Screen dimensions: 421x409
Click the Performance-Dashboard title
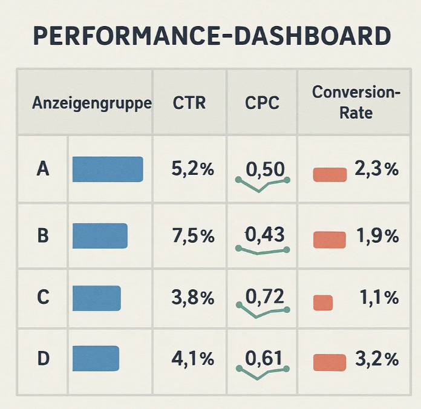212,36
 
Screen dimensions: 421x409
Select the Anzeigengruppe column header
92,103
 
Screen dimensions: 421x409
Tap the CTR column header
189,103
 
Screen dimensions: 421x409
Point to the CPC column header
262,103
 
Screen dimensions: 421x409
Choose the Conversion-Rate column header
356,102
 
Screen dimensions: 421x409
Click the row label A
43,169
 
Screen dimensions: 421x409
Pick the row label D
43,359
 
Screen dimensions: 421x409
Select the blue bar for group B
100,236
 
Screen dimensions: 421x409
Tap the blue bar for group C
97,298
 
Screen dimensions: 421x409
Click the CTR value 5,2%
193,169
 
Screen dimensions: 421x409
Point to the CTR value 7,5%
194,236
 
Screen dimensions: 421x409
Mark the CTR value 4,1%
193,359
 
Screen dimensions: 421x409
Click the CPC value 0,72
264,296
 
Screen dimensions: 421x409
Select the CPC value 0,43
264,234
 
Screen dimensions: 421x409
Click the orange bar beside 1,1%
323,303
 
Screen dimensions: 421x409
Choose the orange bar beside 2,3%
330,175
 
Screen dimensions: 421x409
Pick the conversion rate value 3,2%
377,359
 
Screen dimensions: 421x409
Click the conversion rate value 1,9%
377,236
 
